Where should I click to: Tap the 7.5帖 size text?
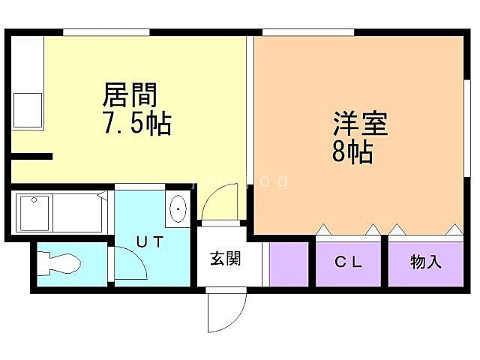coord(136,123)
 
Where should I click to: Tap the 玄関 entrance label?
coord(225,259)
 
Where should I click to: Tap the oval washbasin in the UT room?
coord(179,209)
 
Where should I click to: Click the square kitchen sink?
coord(27,109)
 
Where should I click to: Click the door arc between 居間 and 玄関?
coord(221,202)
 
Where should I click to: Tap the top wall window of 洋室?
coord(307,31)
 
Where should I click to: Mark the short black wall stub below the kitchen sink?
coord(31,156)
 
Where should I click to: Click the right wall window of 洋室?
coord(466,120)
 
